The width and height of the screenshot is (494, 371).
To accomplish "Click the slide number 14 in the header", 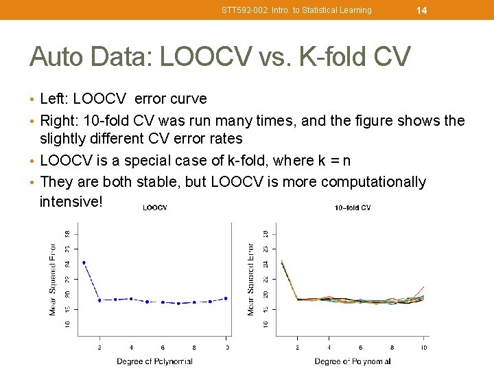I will click(422, 10).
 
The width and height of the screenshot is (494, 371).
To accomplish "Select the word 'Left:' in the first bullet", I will click(56, 99).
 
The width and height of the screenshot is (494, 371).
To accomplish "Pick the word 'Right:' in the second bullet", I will click(60, 121).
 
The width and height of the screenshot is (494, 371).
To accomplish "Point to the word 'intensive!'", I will click(71, 202).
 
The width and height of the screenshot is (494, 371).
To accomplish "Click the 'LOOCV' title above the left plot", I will click(154, 207).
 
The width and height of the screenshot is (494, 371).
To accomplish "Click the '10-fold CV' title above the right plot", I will click(353, 207).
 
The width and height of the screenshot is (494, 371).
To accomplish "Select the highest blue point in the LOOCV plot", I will click(84, 262).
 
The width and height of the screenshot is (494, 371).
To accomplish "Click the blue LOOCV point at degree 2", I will click(99, 300).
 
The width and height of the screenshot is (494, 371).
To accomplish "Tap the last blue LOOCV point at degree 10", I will click(226, 298).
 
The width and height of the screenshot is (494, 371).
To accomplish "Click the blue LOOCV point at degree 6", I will click(163, 302).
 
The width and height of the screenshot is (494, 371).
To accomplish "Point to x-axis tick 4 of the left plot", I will click(131, 348).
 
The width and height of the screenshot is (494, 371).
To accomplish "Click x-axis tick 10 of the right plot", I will click(424, 348).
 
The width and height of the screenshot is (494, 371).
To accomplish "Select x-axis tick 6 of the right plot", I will click(361, 348).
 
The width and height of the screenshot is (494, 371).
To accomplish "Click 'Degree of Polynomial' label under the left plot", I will click(154, 361).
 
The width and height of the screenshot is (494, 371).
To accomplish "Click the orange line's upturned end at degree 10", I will click(423, 287).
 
